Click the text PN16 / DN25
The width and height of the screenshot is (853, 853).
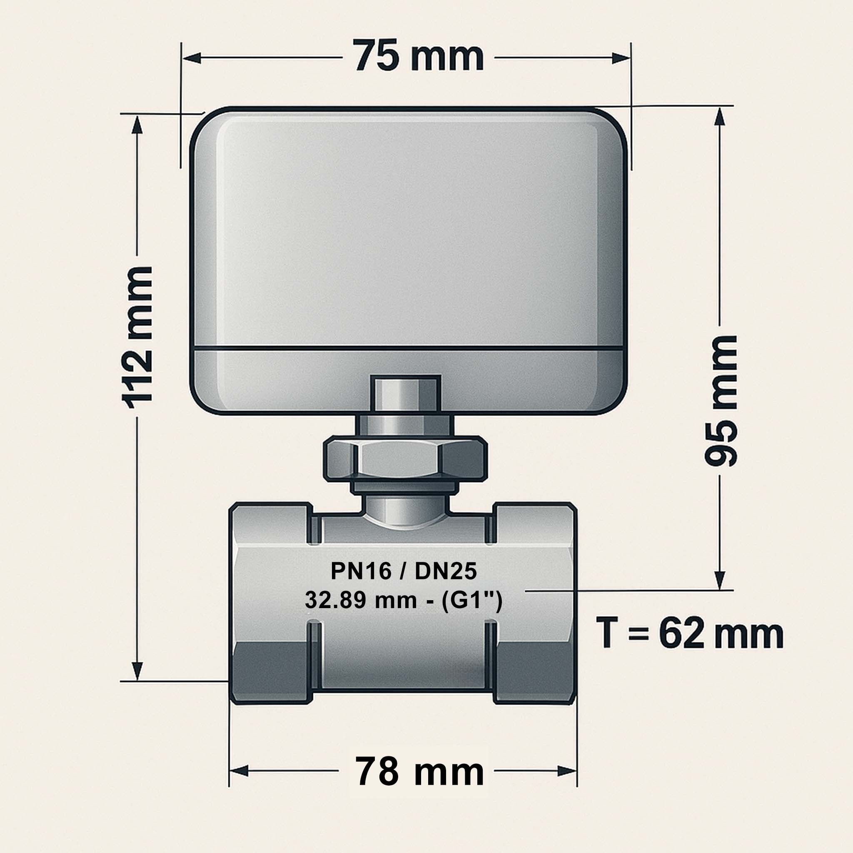[x=404, y=572]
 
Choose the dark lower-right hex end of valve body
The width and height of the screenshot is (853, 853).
[x=534, y=672]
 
